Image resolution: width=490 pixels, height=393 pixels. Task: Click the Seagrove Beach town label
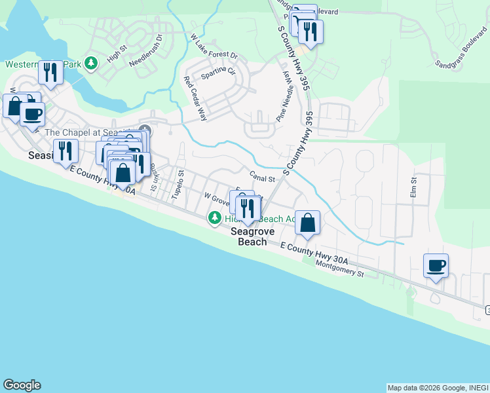pos(248,236)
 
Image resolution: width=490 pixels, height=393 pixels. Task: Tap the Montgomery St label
pos(339,268)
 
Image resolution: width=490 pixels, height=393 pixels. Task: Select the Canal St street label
pos(261,177)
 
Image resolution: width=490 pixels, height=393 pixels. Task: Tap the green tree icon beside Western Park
pos(92,64)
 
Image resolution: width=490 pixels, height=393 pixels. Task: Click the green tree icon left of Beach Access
pos(214,217)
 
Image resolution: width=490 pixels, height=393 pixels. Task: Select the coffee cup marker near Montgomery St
pos(436,265)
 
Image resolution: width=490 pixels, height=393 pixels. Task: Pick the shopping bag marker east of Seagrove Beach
pos(307,223)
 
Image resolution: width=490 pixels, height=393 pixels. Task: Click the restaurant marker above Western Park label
pos(50,72)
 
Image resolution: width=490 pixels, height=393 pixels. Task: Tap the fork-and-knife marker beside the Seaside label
pos(66,151)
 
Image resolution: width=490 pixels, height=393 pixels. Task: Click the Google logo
pos(22,385)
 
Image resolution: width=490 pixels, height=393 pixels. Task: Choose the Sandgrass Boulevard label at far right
pos(461,56)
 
